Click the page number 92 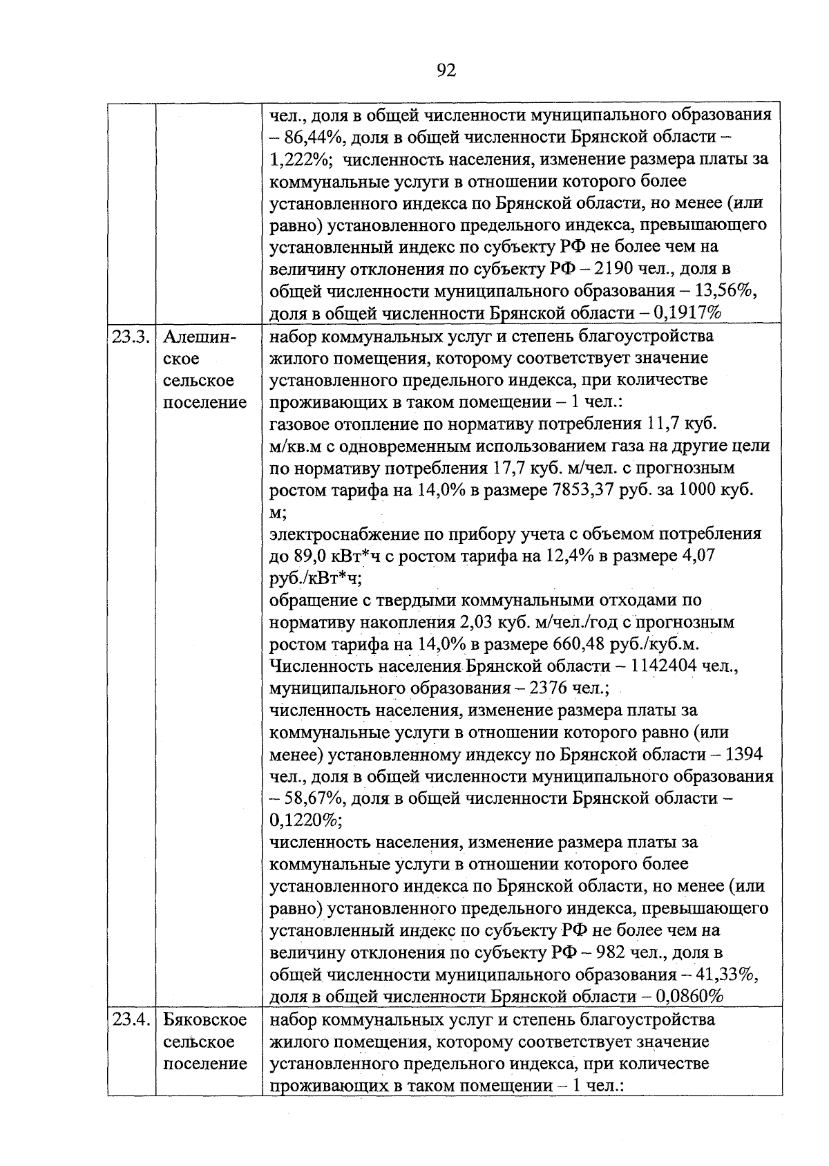pyautogui.click(x=447, y=70)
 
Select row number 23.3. pyautogui.click(x=131, y=337)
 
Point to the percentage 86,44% pyautogui.click(x=309, y=137)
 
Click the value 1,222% pyautogui.click(x=301, y=159)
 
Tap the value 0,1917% pyautogui.click(x=687, y=313)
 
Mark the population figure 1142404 pyautogui.click(x=658, y=667)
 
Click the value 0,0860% pyautogui.click(x=688, y=997)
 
